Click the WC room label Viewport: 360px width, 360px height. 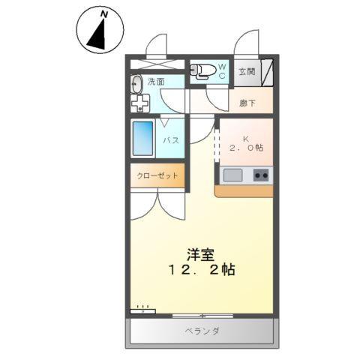point(222,72)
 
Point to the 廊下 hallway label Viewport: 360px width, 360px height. point(247,103)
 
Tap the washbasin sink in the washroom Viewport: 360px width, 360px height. point(136,83)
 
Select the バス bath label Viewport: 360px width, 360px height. point(171,140)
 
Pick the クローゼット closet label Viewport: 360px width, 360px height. point(157,175)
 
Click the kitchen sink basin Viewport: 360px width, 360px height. point(232,175)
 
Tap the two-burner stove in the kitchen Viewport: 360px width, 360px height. point(261,175)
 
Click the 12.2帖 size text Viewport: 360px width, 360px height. point(201,269)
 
